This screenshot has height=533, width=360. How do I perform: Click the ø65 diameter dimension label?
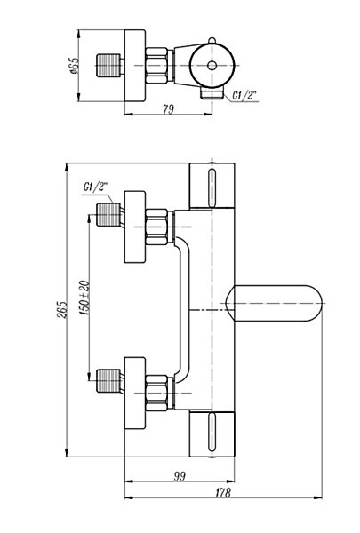[74, 66]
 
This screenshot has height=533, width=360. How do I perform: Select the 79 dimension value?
[168, 109]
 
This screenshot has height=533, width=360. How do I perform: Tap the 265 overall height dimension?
[61, 309]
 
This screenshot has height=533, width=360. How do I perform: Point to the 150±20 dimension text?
[85, 298]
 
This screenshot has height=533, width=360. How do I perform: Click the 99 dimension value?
[180, 476]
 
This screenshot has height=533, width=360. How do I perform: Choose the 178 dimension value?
[223, 492]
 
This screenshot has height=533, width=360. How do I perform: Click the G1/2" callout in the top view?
[244, 96]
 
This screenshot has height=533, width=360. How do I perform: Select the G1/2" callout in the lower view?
[95, 187]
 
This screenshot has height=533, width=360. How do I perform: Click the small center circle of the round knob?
[212, 66]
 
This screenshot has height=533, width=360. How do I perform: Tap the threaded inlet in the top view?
[108, 65]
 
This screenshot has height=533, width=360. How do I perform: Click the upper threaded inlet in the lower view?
[108, 214]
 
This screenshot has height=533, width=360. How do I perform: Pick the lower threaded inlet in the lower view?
[108, 381]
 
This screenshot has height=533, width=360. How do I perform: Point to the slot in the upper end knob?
[212, 187]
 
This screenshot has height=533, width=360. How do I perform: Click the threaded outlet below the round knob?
[212, 93]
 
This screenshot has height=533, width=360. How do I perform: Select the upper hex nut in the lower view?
[156, 227]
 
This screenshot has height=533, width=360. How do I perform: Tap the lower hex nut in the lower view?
[156, 393]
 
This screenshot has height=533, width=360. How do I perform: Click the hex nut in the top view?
[156, 66]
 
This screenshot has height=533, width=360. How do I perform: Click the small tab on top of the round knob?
[212, 41]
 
